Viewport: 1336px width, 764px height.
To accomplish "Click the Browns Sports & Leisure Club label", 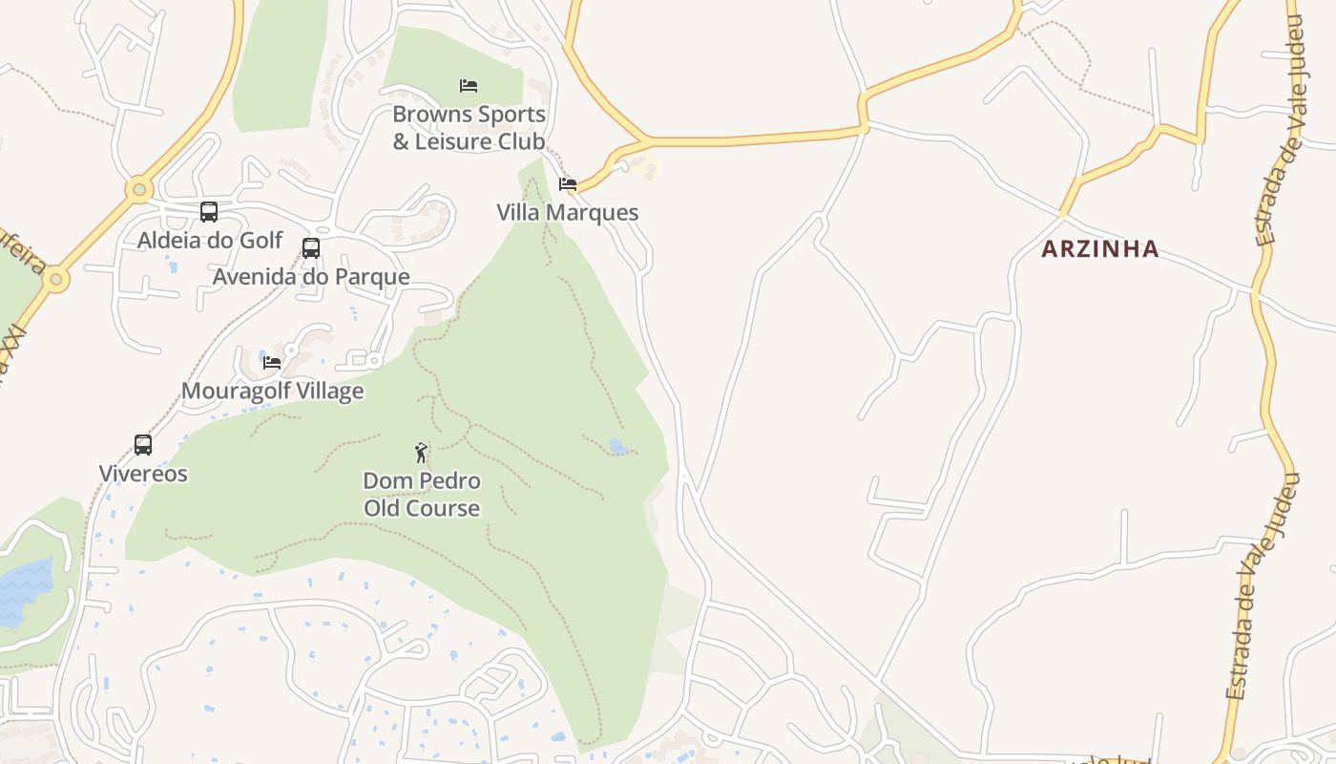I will tap(469, 128).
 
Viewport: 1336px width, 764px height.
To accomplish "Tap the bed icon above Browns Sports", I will tap(469, 86).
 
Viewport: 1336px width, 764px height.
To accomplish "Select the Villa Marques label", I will tap(567, 212).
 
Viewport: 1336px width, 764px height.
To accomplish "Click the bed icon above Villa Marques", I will tap(568, 184).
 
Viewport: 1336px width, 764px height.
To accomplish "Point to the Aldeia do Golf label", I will tap(210, 240).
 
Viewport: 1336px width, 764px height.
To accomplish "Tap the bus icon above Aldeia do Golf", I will tap(209, 212).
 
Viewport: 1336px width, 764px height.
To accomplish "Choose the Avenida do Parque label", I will tap(311, 277).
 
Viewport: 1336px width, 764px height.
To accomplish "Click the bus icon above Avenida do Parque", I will tap(311, 248).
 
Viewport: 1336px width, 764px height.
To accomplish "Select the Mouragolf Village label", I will tap(272, 391).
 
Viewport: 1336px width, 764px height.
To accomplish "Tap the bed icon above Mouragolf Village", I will tap(272, 363).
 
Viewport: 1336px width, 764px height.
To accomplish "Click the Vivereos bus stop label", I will tap(143, 474).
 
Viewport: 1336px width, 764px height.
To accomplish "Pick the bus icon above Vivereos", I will tap(143, 445).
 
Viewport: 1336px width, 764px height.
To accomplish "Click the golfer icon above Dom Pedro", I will tap(421, 453).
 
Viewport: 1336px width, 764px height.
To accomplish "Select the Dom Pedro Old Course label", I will tap(421, 494).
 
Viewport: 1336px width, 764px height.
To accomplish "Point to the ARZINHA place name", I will tap(1099, 249).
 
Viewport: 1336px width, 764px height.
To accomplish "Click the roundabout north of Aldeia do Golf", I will tap(139, 189).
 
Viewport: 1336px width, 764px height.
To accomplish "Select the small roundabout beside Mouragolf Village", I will tap(373, 361).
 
